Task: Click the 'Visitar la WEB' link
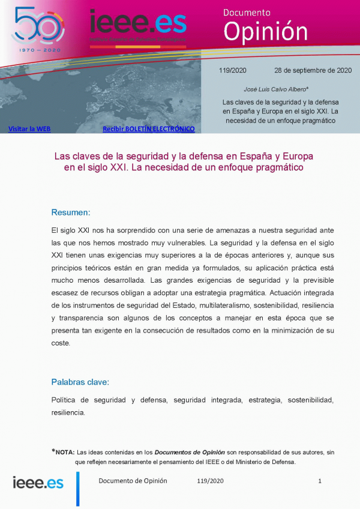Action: pos(29,128)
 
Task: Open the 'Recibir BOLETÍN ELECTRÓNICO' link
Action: pos(148,128)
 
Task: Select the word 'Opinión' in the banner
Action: pos(265,30)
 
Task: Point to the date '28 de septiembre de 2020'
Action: pos(313,70)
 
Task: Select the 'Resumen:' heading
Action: pos(71,212)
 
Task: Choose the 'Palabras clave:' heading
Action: pos(80,382)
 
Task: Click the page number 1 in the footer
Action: pos(320,481)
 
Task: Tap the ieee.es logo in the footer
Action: pos(38,482)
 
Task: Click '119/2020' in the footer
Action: pos(210,481)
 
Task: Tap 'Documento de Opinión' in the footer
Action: pos(133,481)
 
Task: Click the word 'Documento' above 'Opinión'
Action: pos(247,12)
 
